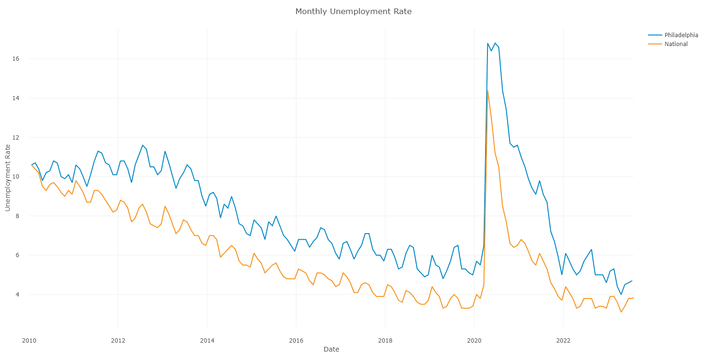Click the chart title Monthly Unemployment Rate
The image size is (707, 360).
353,11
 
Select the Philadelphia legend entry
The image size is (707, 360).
677,35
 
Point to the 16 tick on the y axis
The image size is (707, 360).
16,59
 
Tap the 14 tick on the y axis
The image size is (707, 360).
16,98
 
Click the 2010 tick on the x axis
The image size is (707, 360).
29,340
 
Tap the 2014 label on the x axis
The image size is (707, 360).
207,340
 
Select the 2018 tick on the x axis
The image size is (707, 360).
385,340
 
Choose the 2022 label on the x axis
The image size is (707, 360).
563,340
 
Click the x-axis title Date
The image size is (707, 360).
331,349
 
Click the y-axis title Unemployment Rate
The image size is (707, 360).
8,178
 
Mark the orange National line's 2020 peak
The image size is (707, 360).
487,90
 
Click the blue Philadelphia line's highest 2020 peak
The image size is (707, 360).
495,43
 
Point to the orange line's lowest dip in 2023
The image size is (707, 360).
621,312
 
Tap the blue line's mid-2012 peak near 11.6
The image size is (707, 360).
142,145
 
